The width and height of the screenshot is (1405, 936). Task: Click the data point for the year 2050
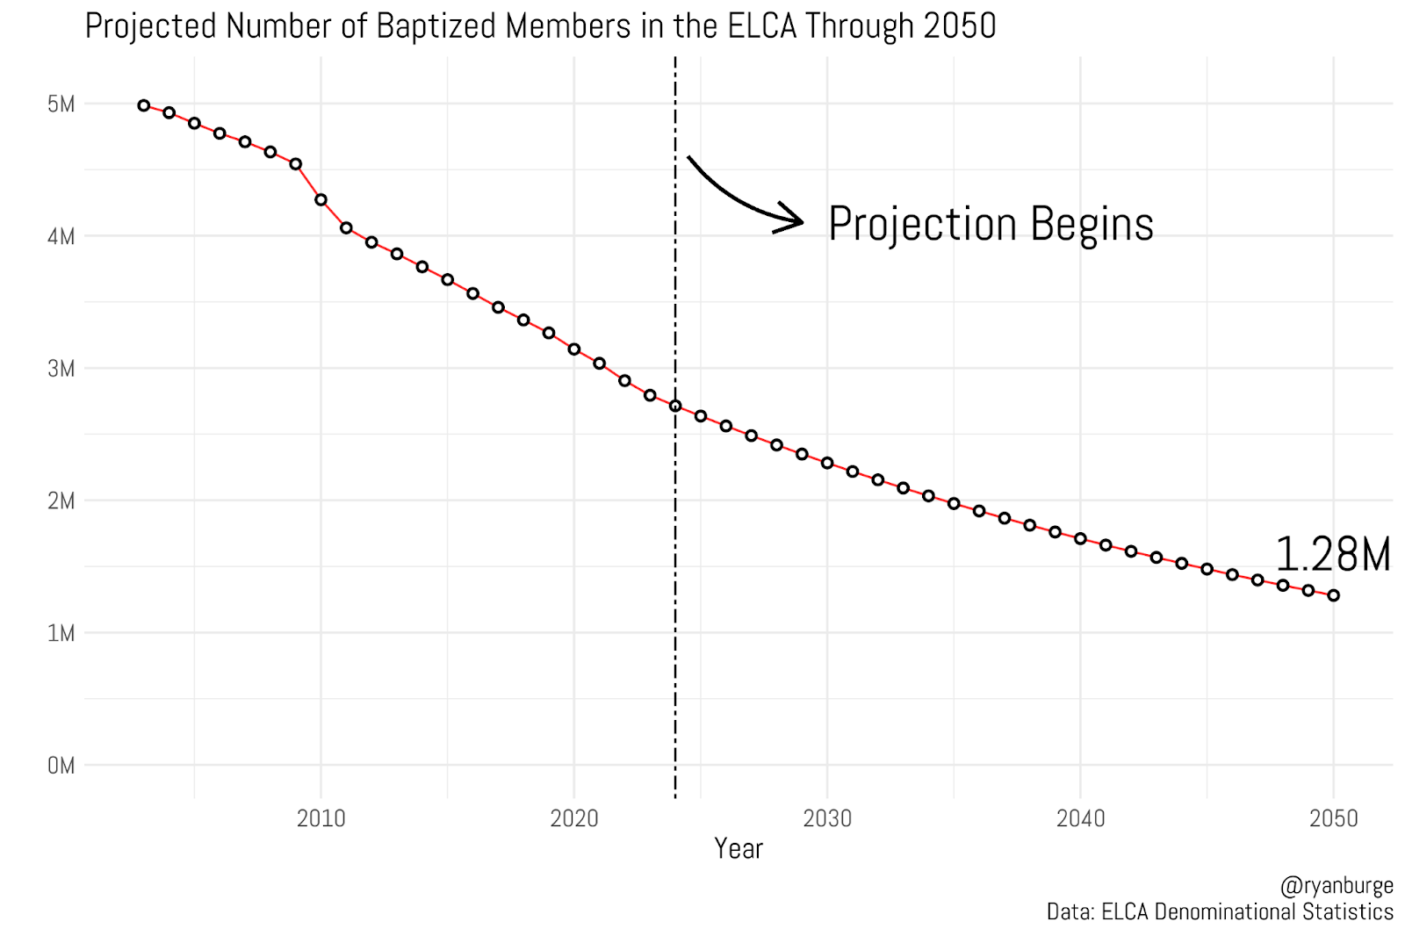click(1333, 595)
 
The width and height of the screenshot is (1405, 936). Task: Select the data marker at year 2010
click(321, 200)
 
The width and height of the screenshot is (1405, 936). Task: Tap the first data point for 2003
click(144, 105)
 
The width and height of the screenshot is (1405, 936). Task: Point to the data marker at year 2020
click(574, 349)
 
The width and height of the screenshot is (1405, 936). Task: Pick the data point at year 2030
click(827, 463)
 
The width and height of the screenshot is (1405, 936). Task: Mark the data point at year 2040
click(1080, 538)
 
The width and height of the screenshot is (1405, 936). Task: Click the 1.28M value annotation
click(1332, 555)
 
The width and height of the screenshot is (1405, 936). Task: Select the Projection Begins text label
click(991, 224)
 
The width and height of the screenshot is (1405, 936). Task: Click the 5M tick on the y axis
click(61, 104)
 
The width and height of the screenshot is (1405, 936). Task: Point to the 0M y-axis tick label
click(61, 766)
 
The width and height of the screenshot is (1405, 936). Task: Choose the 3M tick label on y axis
click(61, 369)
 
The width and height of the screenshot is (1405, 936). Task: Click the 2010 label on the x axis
click(321, 819)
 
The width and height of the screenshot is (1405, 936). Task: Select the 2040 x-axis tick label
click(1080, 819)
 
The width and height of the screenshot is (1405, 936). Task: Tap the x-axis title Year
click(739, 848)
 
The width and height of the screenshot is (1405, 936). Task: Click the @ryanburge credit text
click(1337, 886)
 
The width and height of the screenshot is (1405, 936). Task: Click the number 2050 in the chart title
click(960, 26)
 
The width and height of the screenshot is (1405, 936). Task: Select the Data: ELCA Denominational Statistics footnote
click(1220, 912)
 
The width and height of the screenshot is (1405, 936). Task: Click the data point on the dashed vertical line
click(675, 406)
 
